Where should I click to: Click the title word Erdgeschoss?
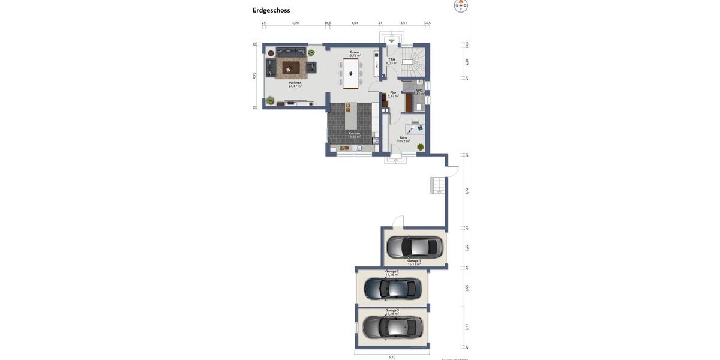coord(271,10)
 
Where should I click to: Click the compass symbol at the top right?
coord(461,6)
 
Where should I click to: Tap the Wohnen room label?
coord(295,85)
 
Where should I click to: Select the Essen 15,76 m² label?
coord(355,54)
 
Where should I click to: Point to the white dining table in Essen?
coord(351,73)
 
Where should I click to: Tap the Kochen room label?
coord(355,135)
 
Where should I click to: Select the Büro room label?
coord(403,139)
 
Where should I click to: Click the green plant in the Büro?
coord(421,147)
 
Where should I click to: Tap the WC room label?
coord(419,92)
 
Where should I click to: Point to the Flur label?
coord(393,94)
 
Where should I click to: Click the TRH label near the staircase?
coord(391,61)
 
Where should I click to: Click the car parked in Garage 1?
coord(415,246)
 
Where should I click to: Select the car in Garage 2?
coord(392,289)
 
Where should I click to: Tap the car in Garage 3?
coord(392,327)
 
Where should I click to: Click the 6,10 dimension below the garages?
coord(392,357)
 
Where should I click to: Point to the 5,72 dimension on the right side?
coord(467,191)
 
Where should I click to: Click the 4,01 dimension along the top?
coord(355,23)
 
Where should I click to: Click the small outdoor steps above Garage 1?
coord(438,185)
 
